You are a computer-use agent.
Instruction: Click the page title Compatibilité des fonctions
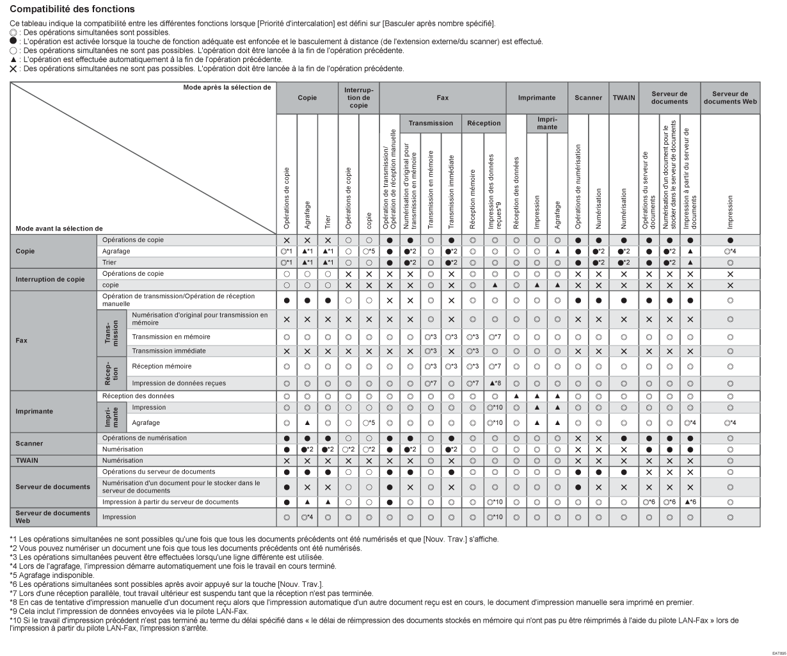point(72,9)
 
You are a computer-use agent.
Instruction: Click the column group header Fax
point(443,98)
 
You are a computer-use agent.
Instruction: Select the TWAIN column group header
point(623,98)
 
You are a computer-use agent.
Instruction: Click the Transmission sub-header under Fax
point(431,123)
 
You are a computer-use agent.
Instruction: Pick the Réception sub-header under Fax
point(484,123)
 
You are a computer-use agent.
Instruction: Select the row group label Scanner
point(29,443)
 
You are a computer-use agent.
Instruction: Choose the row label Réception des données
point(138,396)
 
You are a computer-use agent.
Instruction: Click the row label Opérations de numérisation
point(145,438)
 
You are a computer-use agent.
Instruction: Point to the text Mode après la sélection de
point(227,88)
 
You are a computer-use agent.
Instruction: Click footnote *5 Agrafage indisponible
point(49,575)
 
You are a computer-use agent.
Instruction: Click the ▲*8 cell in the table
point(495,383)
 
